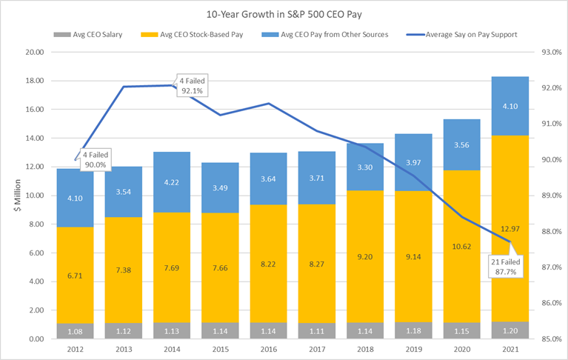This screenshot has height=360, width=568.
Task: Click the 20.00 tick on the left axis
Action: pyautogui.click(x=35, y=53)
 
